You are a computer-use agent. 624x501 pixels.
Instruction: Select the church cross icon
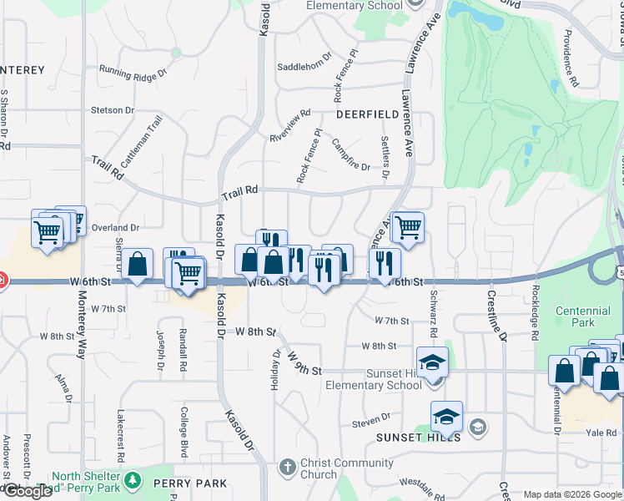pos(287,467)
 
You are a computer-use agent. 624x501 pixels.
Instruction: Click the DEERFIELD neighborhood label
pos(368,114)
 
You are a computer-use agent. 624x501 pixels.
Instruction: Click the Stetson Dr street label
pos(113,110)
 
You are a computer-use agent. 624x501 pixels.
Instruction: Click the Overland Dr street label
pos(115,227)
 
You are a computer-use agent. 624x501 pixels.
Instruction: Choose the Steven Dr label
pos(371,417)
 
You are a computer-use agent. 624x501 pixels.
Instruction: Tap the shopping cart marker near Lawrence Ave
pos(407,227)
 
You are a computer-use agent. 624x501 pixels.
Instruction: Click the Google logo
pos(27,491)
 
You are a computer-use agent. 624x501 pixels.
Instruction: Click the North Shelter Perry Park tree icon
pos(132,481)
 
